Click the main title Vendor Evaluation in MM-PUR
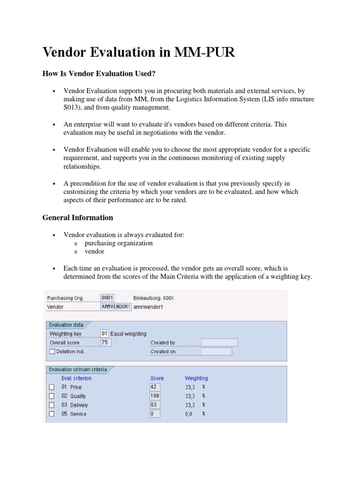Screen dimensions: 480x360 [x=139, y=52]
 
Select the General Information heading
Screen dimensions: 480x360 [x=78, y=217]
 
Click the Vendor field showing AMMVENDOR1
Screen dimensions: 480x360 [x=116, y=307]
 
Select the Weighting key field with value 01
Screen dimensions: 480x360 [x=105, y=334]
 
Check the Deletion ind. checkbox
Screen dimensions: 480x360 [x=52, y=351]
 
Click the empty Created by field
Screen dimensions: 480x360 [x=219, y=343]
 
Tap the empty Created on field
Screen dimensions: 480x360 [x=216, y=352]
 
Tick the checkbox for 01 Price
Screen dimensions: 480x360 [x=52, y=387]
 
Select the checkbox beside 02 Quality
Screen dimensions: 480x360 [x=52, y=396]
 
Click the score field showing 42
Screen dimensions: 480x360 [x=155, y=387]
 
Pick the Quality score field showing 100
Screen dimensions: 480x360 [x=155, y=396]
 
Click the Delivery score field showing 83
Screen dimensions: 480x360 [x=155, y=405]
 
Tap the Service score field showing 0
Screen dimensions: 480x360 [x=155, y=414]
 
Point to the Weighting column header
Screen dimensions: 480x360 [x=196, y=378]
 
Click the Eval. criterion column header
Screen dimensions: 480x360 [x=76, y=378]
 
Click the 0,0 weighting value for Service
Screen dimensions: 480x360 [x=188, y=414]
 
